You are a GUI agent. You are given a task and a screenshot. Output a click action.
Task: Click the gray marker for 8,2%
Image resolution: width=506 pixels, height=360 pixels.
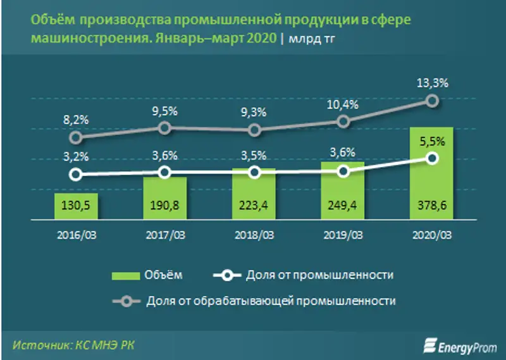pos(75,137)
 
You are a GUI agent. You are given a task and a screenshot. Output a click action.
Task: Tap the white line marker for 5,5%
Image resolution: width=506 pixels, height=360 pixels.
pos(432,158)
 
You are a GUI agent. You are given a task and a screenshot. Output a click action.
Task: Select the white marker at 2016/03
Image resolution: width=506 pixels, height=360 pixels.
pos(75,175)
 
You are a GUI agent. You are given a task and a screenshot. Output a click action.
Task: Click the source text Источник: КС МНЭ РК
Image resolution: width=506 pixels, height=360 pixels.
pos(73,344)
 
